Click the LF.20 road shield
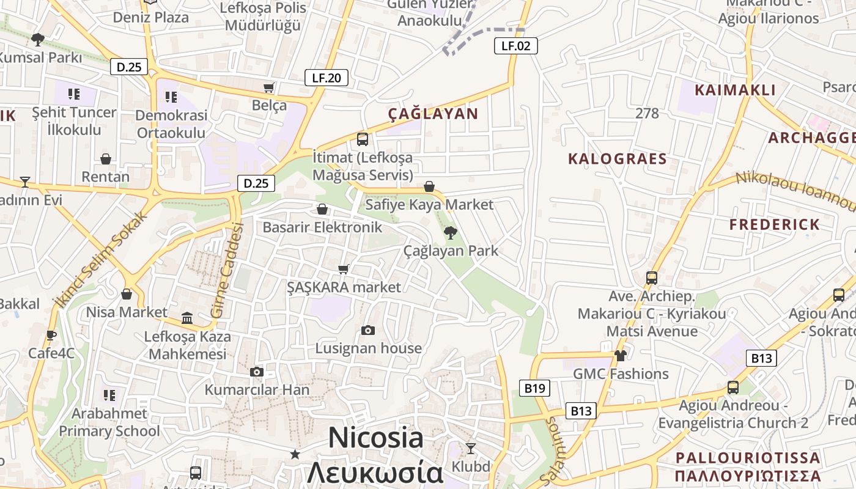point(327,78)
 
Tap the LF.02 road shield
point(515,45)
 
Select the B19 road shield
point(534,388)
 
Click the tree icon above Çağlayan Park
point(451,232)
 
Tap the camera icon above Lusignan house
point(367,330)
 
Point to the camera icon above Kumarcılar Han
point(257,372)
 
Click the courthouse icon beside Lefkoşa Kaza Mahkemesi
point(187,318)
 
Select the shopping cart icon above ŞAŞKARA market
point(344,269)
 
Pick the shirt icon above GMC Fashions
point(621,355)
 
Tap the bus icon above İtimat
point(363,139)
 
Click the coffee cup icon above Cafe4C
point(51,335)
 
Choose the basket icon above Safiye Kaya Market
point(429,186)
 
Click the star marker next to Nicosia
point(295,454)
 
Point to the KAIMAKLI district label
point(735,90)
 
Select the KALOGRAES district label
point(617,159)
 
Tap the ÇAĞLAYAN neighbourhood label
point(433,114)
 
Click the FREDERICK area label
point(774,224)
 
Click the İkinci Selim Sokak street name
point(100,259)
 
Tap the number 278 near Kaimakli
point(647,113)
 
